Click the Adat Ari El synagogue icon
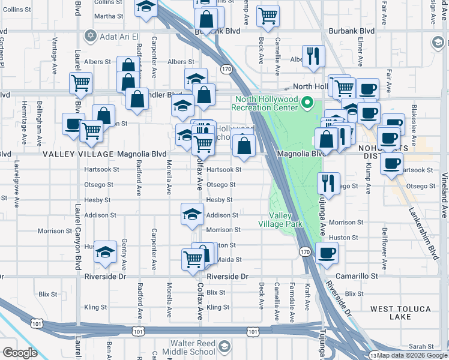[x=91, y=35]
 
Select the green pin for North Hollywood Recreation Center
[x=307, y=103]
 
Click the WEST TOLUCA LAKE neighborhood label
[x=400, y=313]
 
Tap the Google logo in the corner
[x=20, y=352]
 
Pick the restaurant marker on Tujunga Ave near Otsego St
[x=328, y=182]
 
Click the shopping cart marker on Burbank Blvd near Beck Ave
[x=268, y=16]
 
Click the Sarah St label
[x=421, y=347]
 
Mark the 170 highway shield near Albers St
[x=226, y=69]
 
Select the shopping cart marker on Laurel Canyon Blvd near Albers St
[x=80, y=83]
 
